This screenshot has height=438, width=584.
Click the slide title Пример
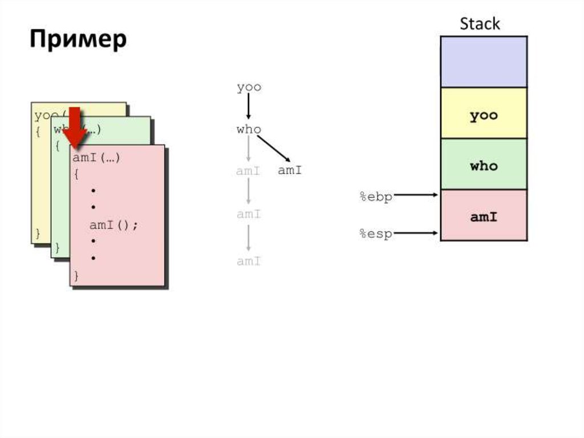coord(78,40)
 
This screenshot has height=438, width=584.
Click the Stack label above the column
coord(480,24)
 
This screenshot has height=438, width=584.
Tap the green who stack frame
coord(484,166)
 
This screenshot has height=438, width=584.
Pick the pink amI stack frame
coord(484,216)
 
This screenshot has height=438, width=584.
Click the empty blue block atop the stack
coord(484,62)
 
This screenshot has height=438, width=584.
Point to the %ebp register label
coord(375,197)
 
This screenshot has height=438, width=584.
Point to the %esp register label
coord(375,234)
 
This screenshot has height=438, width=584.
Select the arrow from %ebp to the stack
coord(416,195)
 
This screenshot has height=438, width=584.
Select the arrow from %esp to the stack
coord(416,232)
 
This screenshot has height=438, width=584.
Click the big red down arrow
coord(75,127)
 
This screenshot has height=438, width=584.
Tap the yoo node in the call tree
coord(249,87)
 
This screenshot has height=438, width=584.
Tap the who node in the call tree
coord(249,130)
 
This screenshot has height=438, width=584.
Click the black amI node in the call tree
coord(290,170)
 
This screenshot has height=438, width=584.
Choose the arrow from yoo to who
coord(249,107)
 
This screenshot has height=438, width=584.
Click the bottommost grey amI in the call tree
coord(249,262)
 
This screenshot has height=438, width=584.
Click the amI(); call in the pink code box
coord(113,225)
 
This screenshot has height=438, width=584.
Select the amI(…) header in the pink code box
coord(96,158)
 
